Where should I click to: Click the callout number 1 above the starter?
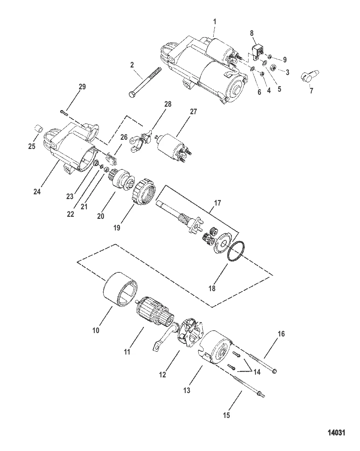pos(214,22)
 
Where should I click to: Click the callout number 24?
pos(37,192)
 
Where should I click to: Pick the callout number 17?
pos(217,203)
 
